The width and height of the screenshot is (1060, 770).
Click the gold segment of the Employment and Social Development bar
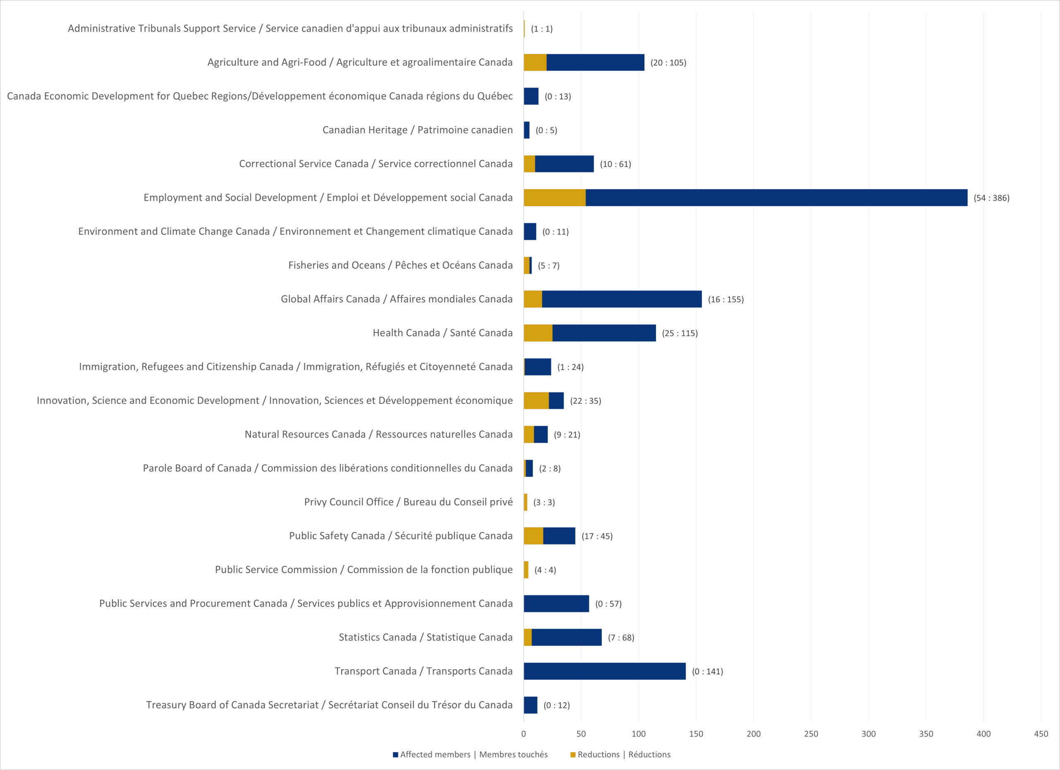point(554,197)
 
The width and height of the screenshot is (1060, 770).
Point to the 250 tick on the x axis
point(811,734)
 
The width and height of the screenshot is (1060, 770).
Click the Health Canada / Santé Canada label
point(442,333)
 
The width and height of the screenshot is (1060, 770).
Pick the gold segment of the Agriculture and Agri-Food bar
point(535,62)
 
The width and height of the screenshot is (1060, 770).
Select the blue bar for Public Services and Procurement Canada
point(556,603)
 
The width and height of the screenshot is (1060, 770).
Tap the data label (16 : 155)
point(725,299)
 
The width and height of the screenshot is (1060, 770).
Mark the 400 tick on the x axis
point(983,734)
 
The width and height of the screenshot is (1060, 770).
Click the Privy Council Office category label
point(408,502)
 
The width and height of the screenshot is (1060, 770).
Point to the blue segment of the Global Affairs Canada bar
point(622,299)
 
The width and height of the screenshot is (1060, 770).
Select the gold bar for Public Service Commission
point(526,570)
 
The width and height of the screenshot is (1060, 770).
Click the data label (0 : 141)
point(707,671)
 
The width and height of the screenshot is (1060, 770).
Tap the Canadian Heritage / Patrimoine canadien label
point(417,130)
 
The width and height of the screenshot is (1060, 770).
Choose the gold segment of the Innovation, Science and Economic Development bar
point(536,400)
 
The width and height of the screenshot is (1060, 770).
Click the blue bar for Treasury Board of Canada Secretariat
point(530,705)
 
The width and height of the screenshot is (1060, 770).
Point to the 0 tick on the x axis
point(523,734)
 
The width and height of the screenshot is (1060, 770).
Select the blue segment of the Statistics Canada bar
point(566,637)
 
